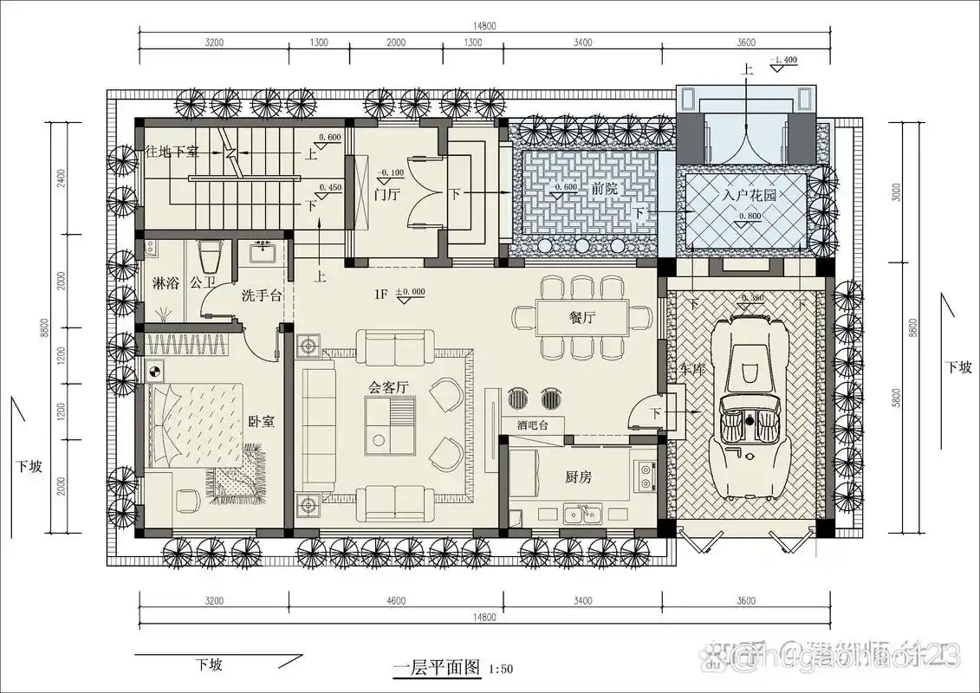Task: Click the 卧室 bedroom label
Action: point(262,422)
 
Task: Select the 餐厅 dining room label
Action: point(582,317)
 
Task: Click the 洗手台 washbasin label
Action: point(262,295)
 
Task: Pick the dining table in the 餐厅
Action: point(582,318)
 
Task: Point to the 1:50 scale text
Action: point(501,669)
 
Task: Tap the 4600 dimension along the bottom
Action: point(397,600)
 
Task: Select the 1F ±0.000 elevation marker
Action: point(400,294)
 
